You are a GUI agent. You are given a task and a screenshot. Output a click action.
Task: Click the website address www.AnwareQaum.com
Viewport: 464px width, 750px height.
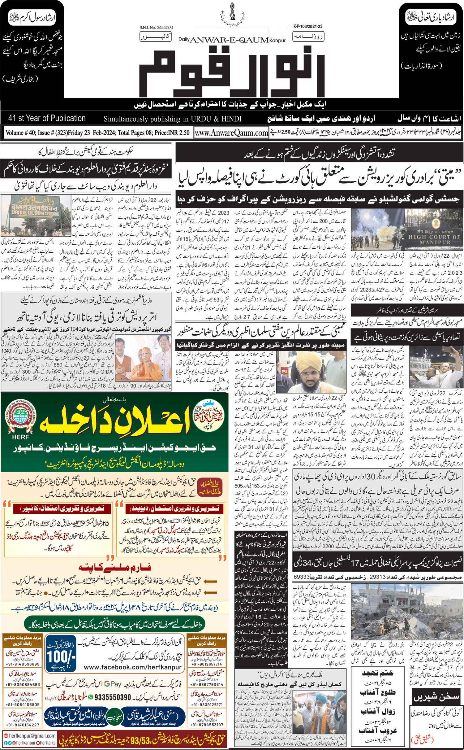click(231, 133)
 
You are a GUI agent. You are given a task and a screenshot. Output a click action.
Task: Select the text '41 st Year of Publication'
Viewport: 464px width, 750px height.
click(47, 118)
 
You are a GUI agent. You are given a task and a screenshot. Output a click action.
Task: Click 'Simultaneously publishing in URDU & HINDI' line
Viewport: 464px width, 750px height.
click(172, 119)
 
